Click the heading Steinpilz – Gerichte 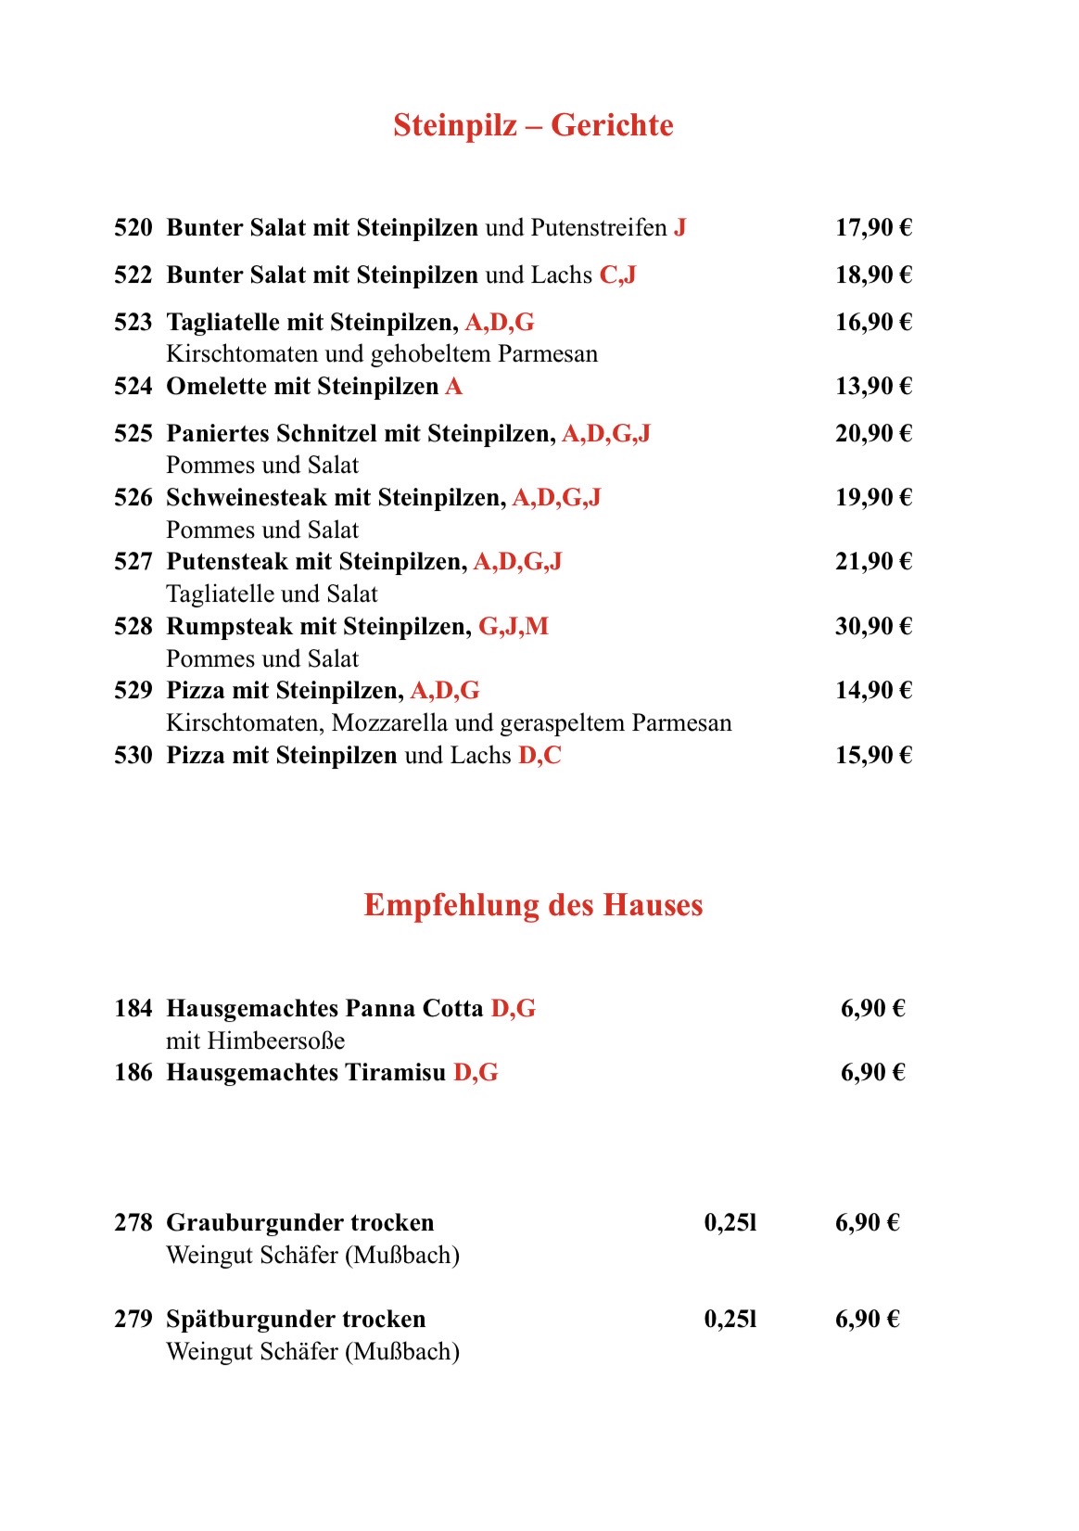533,125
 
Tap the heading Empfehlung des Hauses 533,905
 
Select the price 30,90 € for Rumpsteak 873,627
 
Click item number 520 133,228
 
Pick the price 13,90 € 873,387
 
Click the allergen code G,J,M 514,627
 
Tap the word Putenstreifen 599,228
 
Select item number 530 133,756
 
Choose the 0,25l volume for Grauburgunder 730,1223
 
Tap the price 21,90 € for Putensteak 873,562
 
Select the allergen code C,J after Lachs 617,275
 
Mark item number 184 133,1009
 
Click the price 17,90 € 873,228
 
